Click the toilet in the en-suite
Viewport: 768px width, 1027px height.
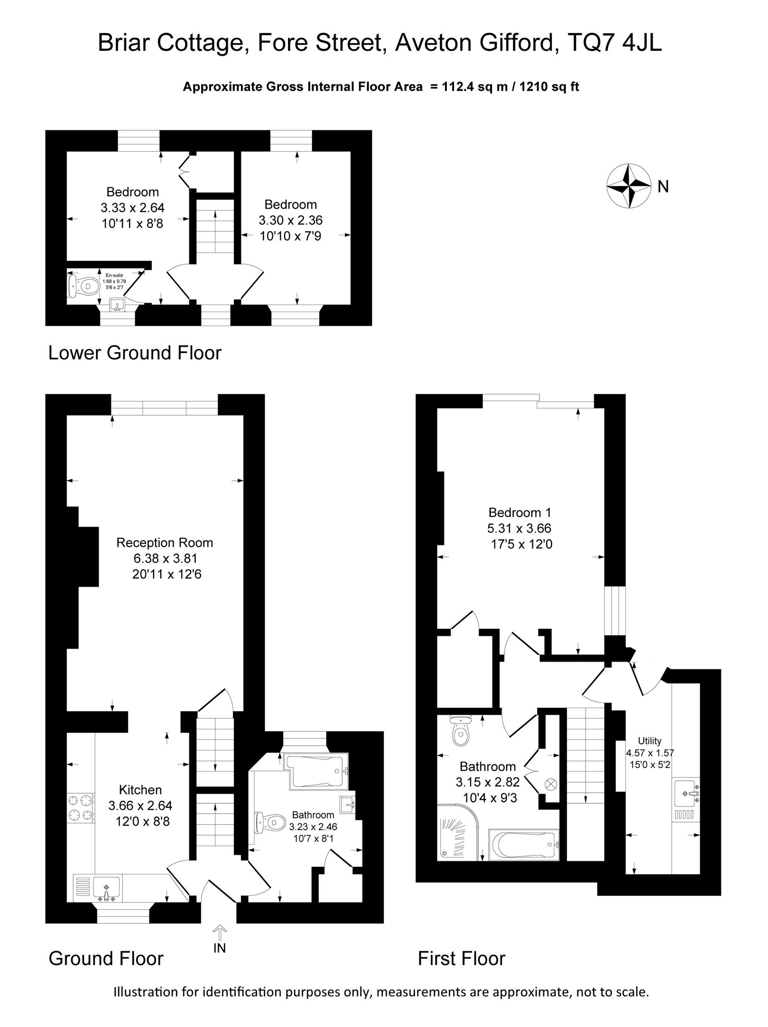81,287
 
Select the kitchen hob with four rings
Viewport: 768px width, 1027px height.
80,808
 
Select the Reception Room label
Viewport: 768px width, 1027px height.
165,543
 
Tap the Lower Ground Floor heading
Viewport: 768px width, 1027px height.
135,353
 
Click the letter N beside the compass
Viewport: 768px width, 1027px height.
663,186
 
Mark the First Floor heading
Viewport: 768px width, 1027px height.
461,958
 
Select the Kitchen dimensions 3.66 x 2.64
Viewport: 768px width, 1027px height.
140,805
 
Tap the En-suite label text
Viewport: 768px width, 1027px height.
114,275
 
